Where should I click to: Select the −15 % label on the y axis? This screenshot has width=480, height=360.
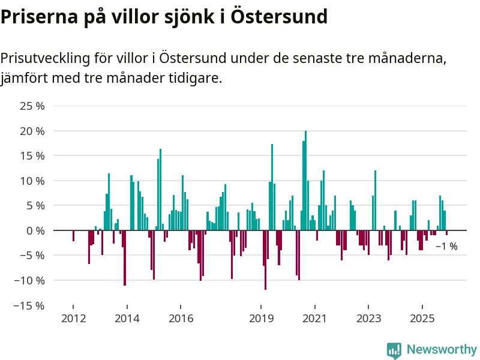click(x=31, y=305)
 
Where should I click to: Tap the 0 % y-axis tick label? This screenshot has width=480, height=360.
click(x=35, y=230)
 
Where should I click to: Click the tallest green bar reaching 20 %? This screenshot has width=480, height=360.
click(x=305, y=180)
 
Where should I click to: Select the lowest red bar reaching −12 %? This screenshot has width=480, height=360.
click(x=265, y=260)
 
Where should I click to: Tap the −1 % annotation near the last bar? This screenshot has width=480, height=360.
click(x=446, y=246)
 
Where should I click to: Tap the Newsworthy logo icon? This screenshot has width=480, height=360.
click(x=394, y=350)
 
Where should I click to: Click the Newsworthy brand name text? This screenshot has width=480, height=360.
click(x=442, y=349)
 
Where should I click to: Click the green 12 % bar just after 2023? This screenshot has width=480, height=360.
click(x=375, y=200)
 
